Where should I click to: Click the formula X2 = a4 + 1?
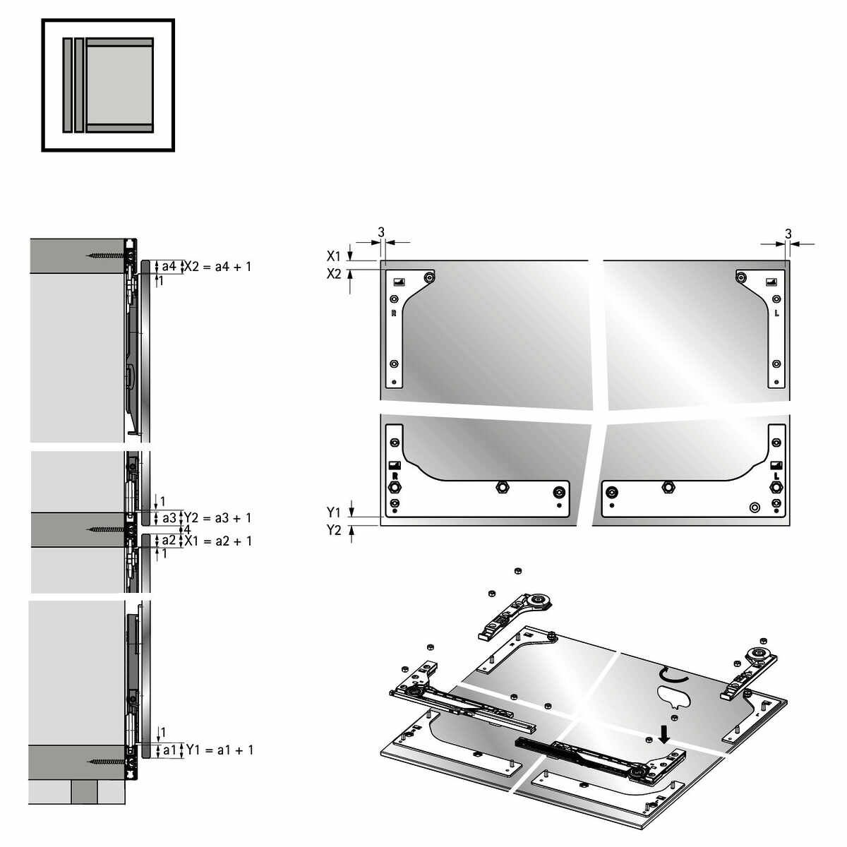coord(217,266)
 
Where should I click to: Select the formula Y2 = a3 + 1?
coord(217,518)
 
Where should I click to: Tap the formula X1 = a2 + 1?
coord(218,541)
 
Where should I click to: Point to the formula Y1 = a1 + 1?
coord(220,750)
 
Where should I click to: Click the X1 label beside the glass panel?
coord(334,256)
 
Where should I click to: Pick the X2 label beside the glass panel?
coord(334,275)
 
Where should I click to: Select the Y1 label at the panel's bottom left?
coord(334,512)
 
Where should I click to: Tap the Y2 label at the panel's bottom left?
coord(334,531)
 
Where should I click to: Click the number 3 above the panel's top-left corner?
coord(381,232)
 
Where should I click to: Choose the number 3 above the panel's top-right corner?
coord(788,234)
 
